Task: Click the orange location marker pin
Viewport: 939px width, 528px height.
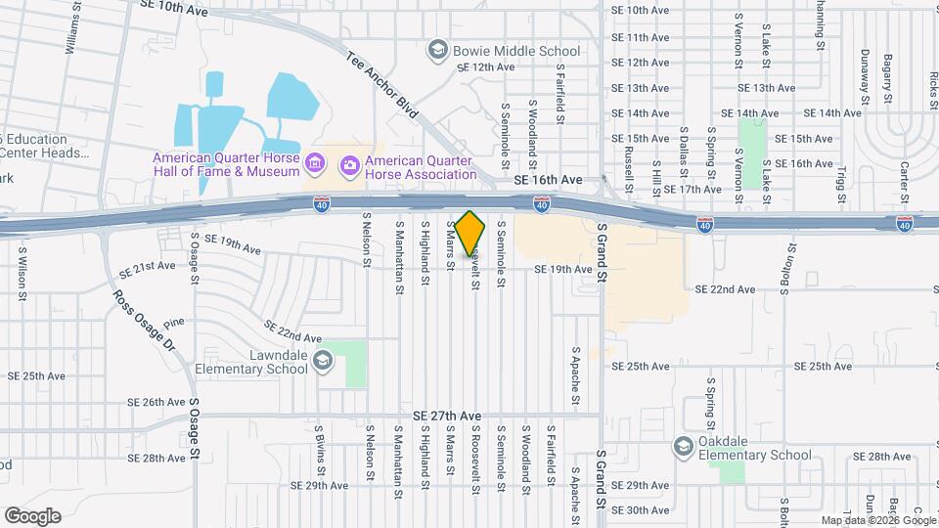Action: click(x=469, y=233)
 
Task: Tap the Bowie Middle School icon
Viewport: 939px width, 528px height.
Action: click(x=437, y=49)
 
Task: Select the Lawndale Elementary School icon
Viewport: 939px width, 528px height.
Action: click(x=323, y=364)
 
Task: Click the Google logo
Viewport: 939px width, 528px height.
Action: click(x=31, y=516)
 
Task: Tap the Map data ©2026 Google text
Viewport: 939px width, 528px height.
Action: click(x=877, y=520)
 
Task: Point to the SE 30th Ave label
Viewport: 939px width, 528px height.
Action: click(x=647, y=509)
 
